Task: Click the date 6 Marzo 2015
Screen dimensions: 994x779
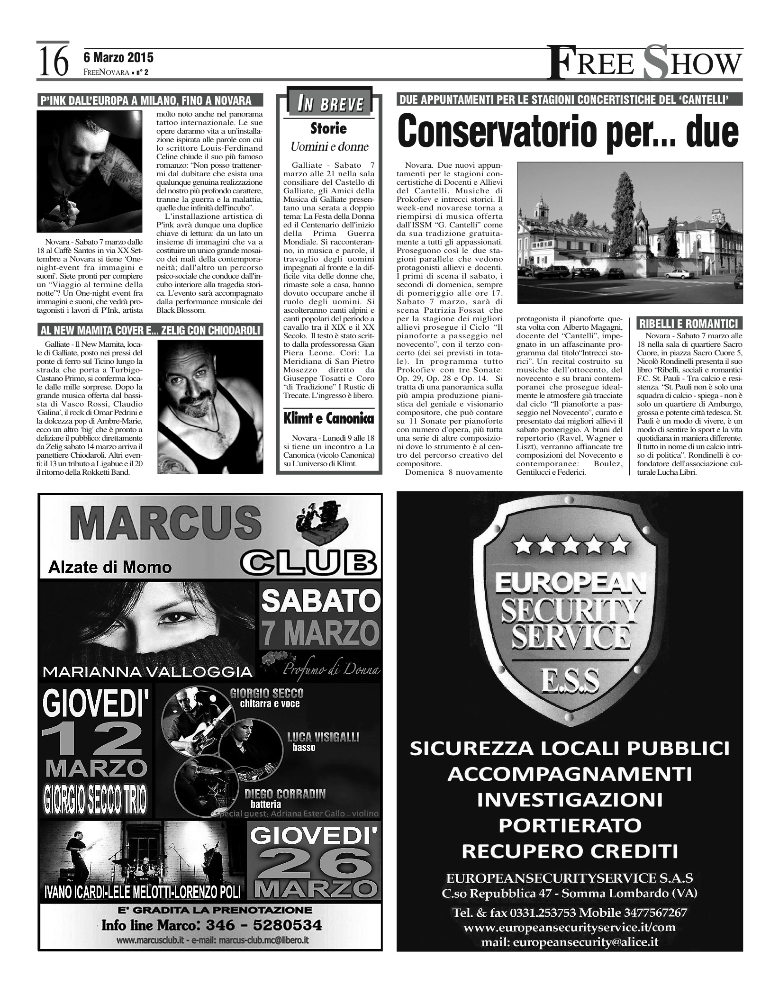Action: point(118,58)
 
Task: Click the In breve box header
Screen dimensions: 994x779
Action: point(330,104)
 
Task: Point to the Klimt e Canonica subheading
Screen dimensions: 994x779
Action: point(328,418)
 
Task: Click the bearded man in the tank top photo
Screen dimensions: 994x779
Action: point(210,407)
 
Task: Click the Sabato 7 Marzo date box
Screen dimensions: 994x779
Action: point(320,615)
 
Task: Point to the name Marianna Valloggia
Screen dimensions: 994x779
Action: point(147,671)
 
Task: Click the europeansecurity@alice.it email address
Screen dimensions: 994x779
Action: point(570,942)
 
